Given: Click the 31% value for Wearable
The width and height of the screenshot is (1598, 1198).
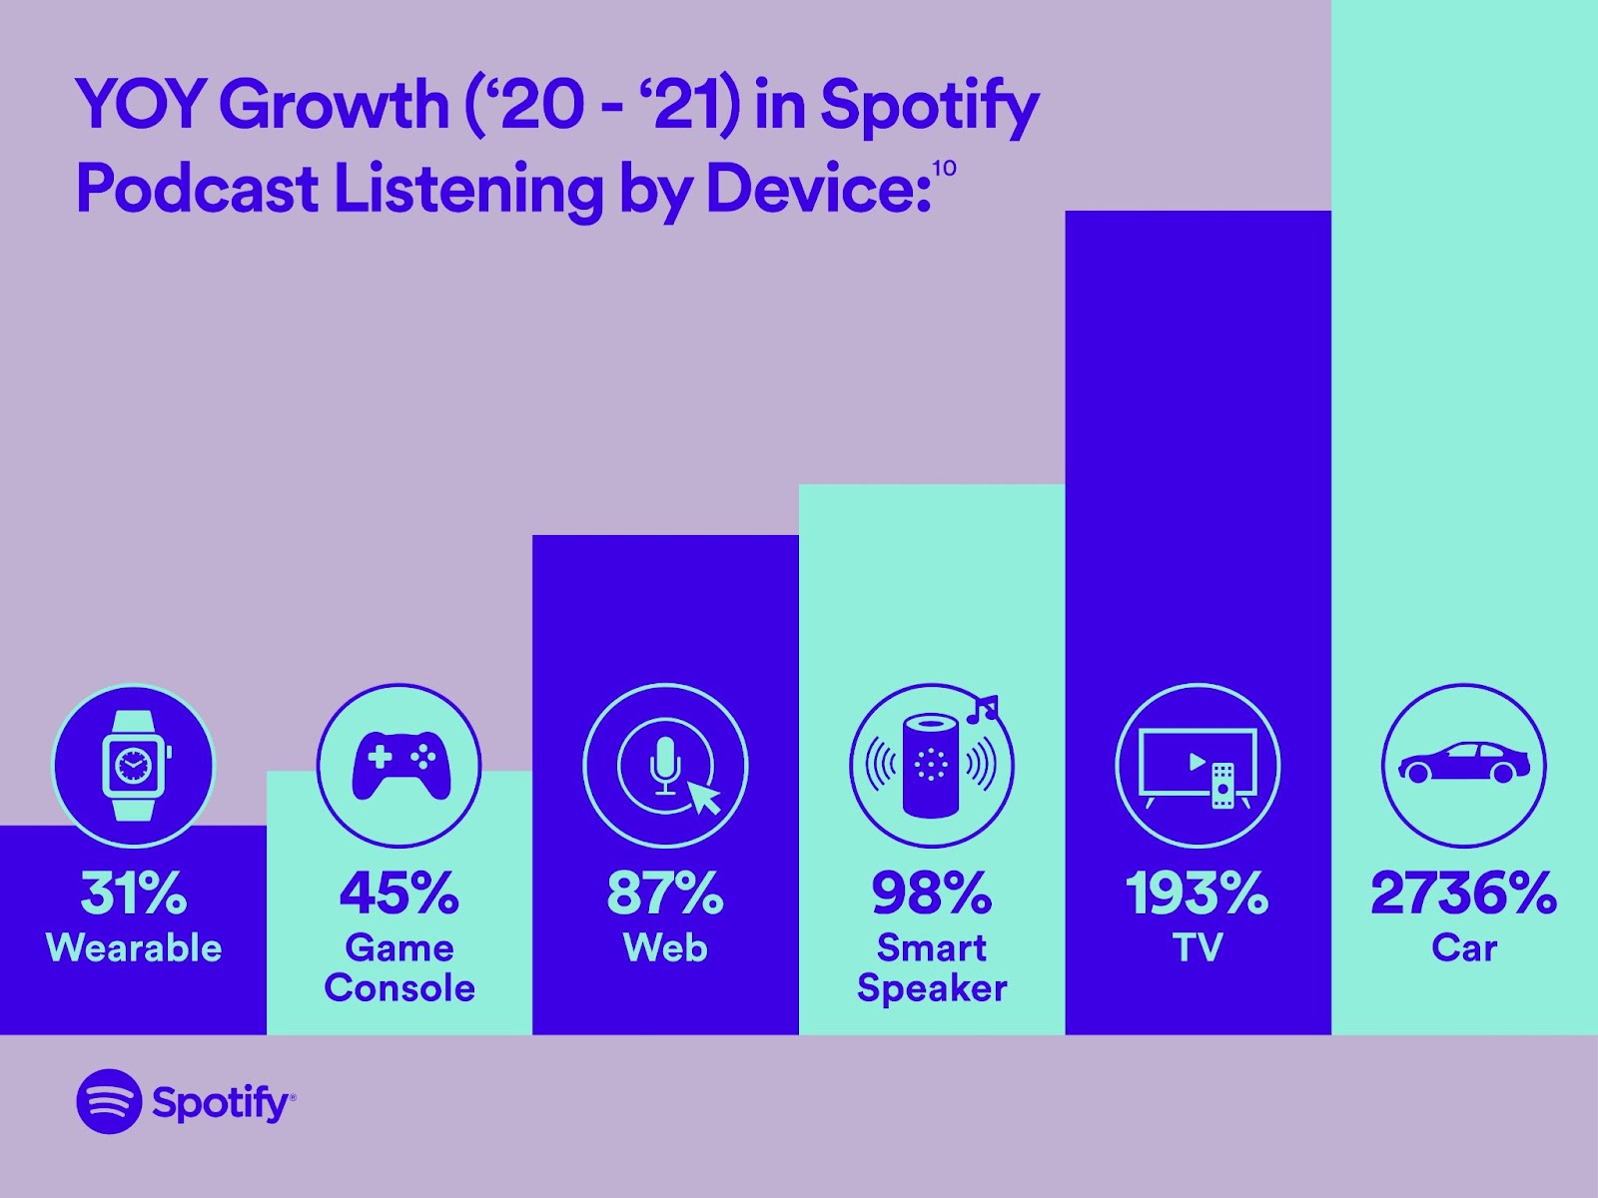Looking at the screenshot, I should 133,893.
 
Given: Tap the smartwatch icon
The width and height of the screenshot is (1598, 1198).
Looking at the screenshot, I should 133,766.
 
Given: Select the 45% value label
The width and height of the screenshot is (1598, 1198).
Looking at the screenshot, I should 399,893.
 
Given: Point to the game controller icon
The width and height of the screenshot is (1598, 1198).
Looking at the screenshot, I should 399,766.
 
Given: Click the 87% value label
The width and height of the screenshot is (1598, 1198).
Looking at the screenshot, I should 665,893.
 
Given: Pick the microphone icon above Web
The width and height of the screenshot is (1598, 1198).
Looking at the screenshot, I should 665,766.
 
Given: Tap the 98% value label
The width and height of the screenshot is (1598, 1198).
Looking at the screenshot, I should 931,893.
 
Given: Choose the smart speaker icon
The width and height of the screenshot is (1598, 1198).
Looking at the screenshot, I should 931,766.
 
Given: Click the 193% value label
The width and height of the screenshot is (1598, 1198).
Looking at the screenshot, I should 1198,893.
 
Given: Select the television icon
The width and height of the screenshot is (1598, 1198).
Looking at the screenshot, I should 1198,766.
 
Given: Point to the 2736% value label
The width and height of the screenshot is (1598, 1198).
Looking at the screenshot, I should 1463,893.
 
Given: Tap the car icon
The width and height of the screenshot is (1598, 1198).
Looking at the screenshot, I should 1463,766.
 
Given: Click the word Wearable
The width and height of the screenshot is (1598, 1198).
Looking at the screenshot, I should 134,947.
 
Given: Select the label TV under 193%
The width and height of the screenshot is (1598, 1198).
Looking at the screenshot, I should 1198,947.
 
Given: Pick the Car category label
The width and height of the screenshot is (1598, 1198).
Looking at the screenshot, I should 1463,947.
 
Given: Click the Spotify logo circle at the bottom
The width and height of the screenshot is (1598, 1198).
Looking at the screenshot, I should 109,1101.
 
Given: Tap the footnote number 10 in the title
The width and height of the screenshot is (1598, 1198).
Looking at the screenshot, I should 944,168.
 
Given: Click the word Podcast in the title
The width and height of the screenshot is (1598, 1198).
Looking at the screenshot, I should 197,189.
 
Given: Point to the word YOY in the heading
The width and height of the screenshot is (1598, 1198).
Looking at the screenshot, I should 140,104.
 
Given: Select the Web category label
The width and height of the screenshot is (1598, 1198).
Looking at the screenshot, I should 665,947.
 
